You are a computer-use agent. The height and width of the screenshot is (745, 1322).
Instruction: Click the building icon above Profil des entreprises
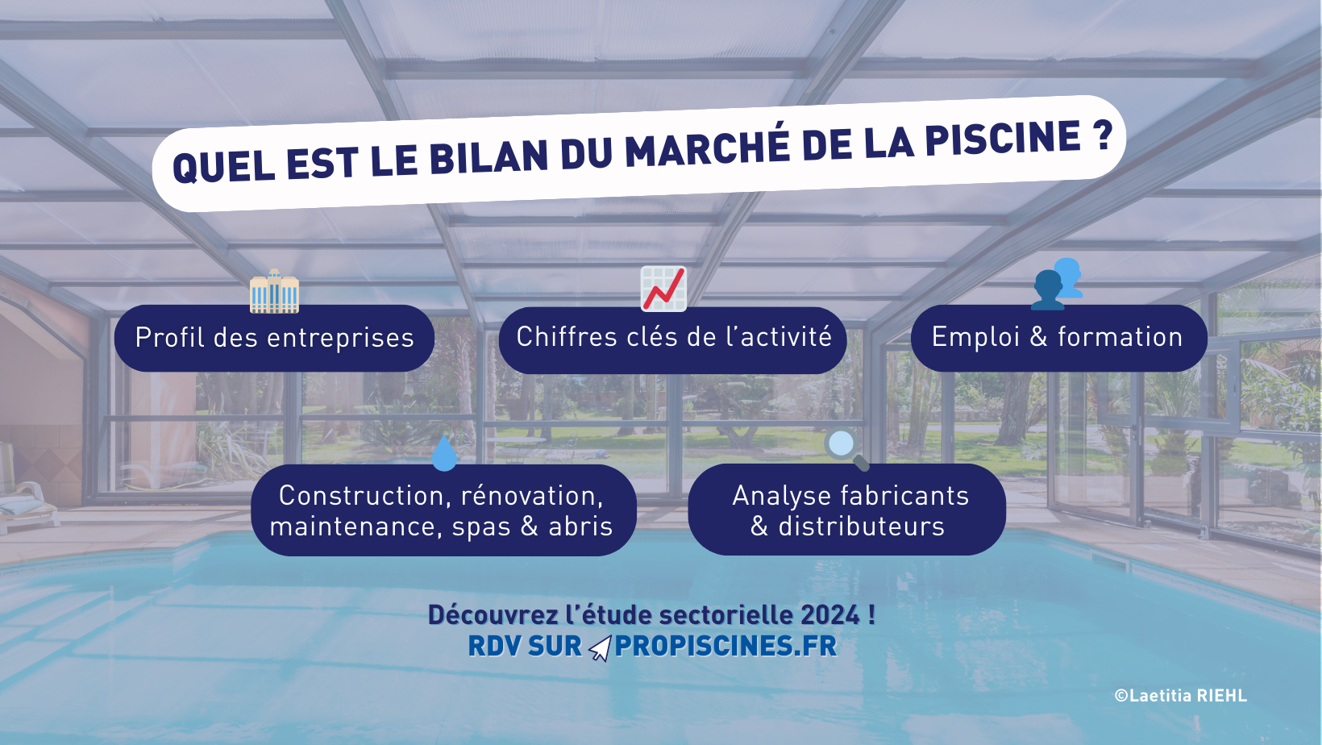point(274,290)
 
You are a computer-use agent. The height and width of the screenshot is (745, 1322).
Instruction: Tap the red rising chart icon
point(664,288)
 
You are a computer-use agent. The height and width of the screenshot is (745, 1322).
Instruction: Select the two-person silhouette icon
point(1058,283)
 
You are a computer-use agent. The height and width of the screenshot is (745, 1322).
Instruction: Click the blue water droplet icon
point(444,453)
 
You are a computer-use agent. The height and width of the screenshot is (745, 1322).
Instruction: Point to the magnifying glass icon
point(846,448)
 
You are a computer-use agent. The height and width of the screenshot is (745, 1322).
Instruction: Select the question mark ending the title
point(1102,135)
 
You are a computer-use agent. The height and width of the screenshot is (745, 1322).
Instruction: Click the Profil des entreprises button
point(274,338)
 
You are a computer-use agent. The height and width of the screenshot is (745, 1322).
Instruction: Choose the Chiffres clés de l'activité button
point(673,339)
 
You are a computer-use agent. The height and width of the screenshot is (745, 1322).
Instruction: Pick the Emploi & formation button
point(1058,338)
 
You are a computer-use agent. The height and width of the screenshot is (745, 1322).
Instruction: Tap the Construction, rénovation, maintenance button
point(443,510)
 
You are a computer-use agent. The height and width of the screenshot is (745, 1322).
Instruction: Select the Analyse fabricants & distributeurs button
point(847,510)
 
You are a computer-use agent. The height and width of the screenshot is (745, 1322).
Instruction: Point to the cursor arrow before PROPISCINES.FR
point(601,648)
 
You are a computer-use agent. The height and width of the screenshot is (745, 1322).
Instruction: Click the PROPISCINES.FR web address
point(726,646)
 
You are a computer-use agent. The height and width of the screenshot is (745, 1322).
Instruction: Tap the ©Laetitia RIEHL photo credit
point(1180,695)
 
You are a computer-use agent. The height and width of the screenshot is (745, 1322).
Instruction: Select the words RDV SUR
point(525,646)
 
